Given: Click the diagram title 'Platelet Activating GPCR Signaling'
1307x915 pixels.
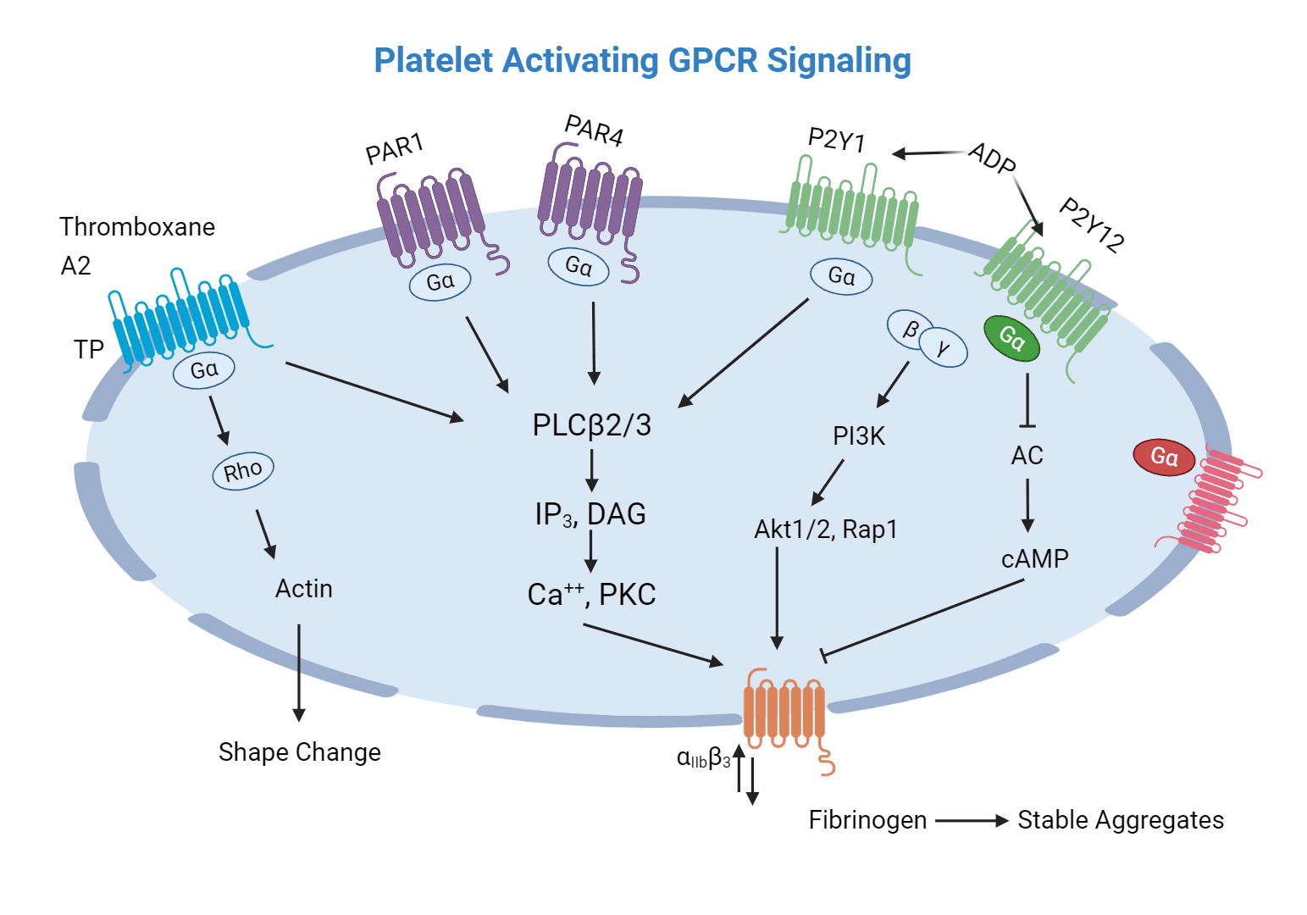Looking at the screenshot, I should (642, 61).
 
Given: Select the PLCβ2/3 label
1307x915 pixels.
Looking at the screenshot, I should (591, 425).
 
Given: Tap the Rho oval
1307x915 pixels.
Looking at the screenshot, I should (243, 471).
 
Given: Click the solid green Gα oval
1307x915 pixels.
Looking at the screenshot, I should (1011, 338).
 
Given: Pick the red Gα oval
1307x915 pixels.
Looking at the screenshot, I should (1164, 457).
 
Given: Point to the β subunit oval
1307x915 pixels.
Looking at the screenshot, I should (911, 329).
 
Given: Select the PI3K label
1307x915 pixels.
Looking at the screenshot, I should (858, 436).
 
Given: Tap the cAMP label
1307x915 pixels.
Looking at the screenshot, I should (1034, 559).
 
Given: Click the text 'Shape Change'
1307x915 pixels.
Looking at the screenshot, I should (299, 752).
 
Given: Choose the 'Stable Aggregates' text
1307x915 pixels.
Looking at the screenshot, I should (1120, 820).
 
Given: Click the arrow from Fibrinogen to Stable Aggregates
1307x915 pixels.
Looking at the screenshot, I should (971, 821).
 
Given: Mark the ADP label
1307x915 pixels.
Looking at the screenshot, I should (992, 158).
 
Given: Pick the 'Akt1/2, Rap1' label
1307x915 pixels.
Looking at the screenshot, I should (825, 530).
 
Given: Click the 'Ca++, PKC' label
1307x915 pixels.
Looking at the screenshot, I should (591, 595).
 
